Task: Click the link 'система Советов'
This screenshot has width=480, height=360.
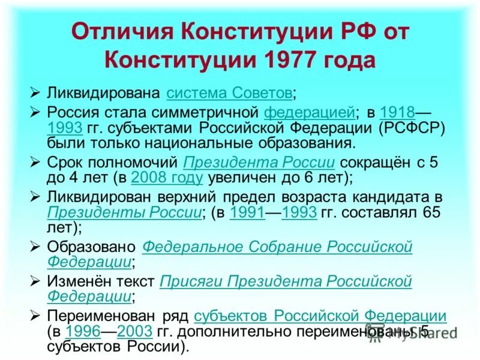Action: (x=230, y=93)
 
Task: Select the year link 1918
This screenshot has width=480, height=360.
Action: (x=397, y=112)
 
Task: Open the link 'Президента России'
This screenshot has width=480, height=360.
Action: (x=259, y=163)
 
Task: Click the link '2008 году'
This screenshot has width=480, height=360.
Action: (x=167, y=178)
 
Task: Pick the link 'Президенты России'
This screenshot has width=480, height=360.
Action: (x=124, y=212)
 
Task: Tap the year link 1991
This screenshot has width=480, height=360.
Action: (x=247, y=212)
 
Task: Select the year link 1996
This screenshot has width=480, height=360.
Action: (x=82, y=331)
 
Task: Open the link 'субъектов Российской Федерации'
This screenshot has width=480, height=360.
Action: (x=320, y=316)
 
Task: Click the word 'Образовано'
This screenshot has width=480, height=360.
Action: (x=92, y=247)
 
